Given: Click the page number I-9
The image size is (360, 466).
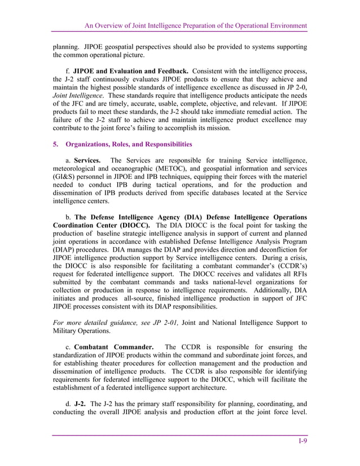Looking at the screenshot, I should tap(302, 441).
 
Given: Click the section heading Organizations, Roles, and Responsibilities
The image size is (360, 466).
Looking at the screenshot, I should tap(122, 144).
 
